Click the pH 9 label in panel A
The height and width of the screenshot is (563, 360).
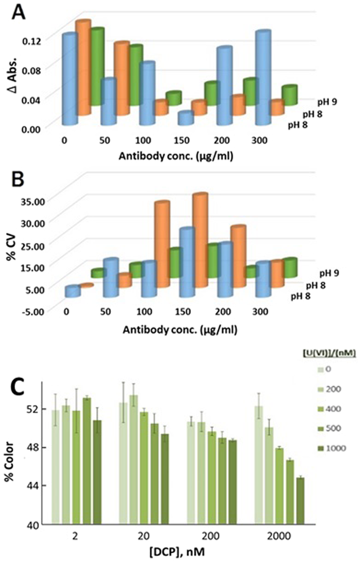click(327, 102)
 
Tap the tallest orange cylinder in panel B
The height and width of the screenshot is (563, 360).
click(200, 240)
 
